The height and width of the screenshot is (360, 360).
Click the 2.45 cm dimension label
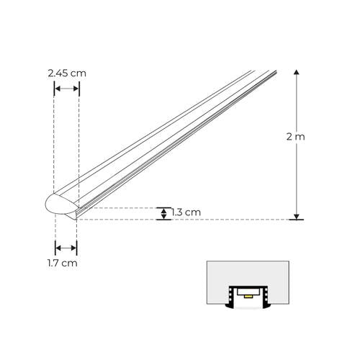click(66, 73)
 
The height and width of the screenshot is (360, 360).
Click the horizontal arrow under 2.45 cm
click(66, 89)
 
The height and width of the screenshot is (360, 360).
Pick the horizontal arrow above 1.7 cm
click(66, 248)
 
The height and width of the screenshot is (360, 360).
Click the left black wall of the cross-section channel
click(230, 297)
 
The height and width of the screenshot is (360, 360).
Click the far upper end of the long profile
click(267, 72)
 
